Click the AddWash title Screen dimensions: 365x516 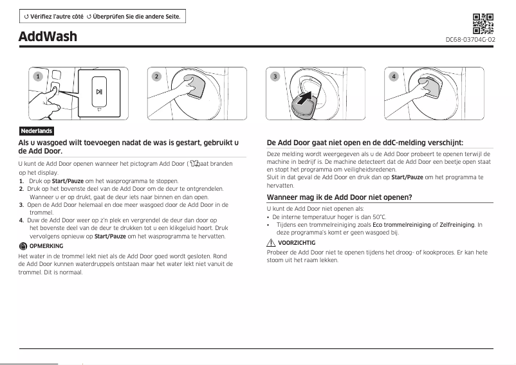tap(48, 37)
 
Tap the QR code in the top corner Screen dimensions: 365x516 tap(483, 23)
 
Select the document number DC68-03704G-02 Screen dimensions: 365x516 tap(470, 40)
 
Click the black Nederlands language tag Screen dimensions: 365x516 tap(36, 131)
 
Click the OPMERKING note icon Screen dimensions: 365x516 tap(23, 246)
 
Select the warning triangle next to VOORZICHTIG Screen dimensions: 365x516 tap(271, 243)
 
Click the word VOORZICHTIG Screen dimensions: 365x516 tap(297, 243)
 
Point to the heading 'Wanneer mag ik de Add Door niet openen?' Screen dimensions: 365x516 tap(339, 197)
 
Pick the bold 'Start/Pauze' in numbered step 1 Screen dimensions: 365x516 tap(68, 181)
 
